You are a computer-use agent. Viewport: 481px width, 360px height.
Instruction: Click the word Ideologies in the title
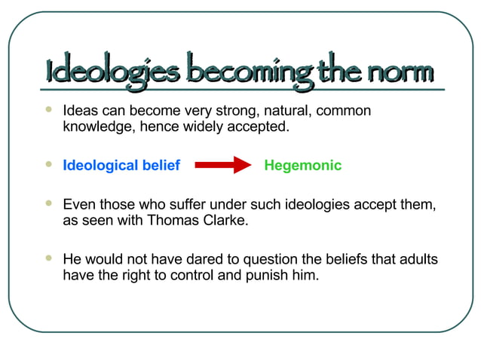click(x=113, y=72)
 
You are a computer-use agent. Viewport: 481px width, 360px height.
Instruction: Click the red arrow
click(x=223, y=166)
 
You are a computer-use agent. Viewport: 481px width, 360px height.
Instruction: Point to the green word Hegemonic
click(x=303, y=166)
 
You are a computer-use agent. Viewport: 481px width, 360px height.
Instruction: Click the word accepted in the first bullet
click(x=260, y=127)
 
